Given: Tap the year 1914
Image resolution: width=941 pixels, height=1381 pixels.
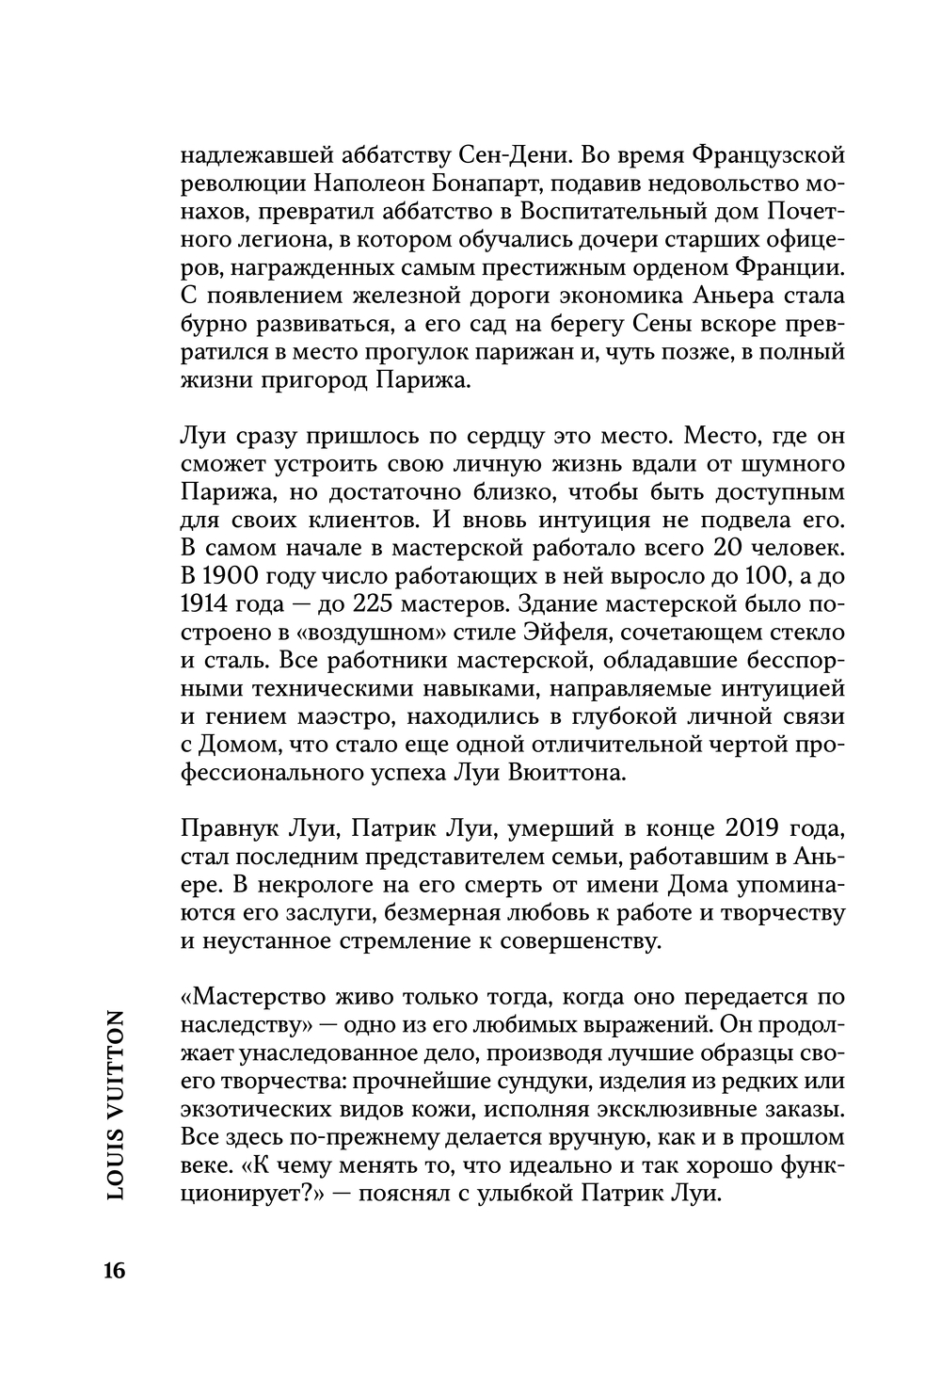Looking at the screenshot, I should pos(203,603).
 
